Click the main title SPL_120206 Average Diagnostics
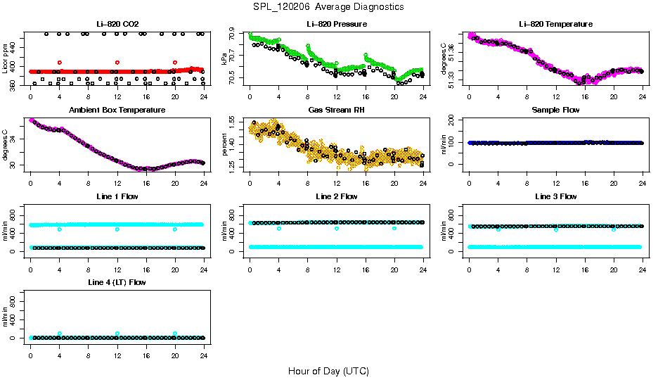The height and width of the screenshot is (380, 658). click(x=329, y=7)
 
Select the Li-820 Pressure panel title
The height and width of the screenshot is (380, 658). click(x=336, y=24)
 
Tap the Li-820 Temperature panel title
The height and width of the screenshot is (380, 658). click(x=555, y=24)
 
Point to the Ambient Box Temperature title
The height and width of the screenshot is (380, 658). click(x=117, y=110)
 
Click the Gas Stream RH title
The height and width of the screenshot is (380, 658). click(x=336, y=110)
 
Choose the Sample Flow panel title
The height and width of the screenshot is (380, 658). click(x=555, y=110)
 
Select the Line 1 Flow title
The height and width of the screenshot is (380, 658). click(x=117, y=196)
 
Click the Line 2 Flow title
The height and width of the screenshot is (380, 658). click(x=336, y=196)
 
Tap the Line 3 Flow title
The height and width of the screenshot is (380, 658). click(x=555, y=196)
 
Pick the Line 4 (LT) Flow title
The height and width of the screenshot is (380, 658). click(x=117, y=282)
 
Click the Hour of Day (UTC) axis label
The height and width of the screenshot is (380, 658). click(x=328, y=370)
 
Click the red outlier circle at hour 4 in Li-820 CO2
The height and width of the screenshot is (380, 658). click(x=60, y=63)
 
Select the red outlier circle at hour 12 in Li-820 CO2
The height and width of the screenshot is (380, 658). click(x=117, y=63)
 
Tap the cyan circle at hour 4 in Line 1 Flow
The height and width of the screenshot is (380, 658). click(x=60, y=229)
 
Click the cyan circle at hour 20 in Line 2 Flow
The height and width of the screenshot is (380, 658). click(x=394, y=229)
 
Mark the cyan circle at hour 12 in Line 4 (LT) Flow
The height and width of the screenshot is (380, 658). click(x=117, y=334)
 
